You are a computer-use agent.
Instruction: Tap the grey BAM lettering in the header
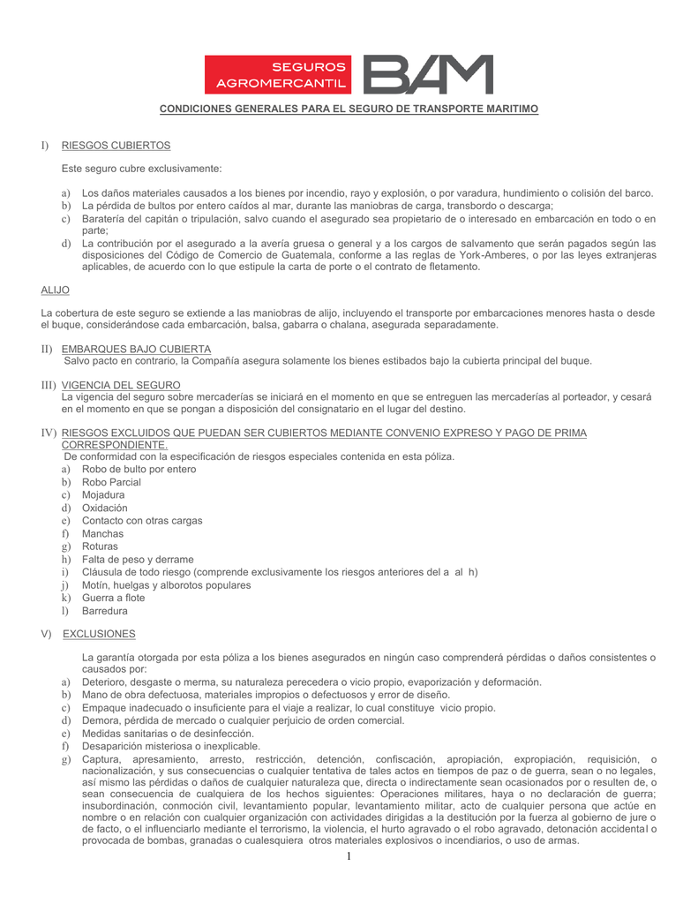coord(428,75)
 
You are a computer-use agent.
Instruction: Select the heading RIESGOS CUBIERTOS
coord(116,145)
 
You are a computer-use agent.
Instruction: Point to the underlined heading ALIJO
coord(56,290)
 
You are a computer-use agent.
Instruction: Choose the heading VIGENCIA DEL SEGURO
coord(121,386)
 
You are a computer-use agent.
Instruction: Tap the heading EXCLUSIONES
coord(99,634)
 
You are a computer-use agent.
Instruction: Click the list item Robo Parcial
coord(111,482)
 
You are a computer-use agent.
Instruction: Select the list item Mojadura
coord(103,495)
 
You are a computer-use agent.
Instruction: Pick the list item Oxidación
coord(104,508)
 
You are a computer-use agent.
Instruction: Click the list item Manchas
coord(102,533)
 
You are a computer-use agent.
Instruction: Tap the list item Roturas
coord(100,546)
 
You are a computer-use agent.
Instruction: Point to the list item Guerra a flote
coord(115,598)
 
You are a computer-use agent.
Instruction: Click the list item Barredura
coord(104,611)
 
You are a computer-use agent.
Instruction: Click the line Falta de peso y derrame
coord(138,560)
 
